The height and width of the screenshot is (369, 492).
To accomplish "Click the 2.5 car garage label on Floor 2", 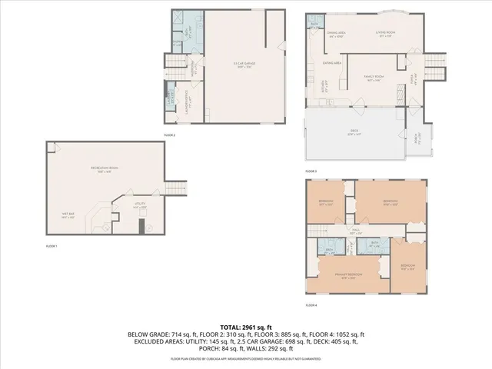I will point(245,65).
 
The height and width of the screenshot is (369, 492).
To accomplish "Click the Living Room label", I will point(384,34).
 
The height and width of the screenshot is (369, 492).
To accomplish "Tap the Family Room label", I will point(374,78).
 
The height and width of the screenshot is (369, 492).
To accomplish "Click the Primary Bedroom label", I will point(349,275).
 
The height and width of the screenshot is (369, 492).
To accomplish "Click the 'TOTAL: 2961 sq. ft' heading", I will point(246,327).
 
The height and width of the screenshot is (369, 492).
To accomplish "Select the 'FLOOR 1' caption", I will point(52,246).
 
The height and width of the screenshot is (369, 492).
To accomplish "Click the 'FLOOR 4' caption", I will point(311,305).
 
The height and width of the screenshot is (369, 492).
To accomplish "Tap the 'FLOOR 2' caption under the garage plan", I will point(170,135).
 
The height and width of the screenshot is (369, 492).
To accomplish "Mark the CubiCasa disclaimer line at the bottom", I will point(246,359).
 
